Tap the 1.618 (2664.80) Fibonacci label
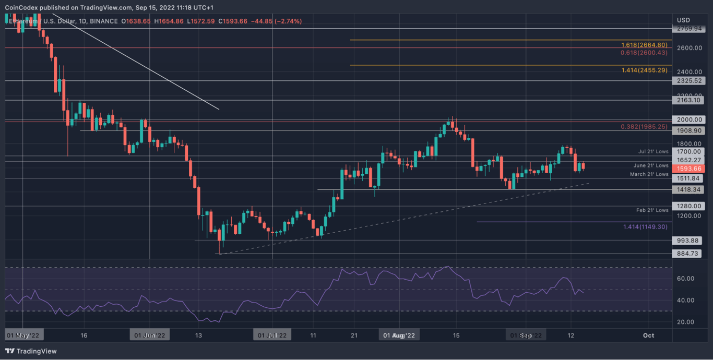644,45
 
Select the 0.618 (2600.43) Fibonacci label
644,53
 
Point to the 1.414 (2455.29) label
644,70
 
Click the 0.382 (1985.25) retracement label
644,127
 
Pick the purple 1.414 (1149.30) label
646,227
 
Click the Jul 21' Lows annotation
653,151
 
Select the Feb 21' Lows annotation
652,210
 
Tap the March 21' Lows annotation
649,174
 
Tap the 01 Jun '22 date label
150,335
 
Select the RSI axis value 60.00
685,279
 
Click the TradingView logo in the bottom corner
31,351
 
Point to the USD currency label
683,20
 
